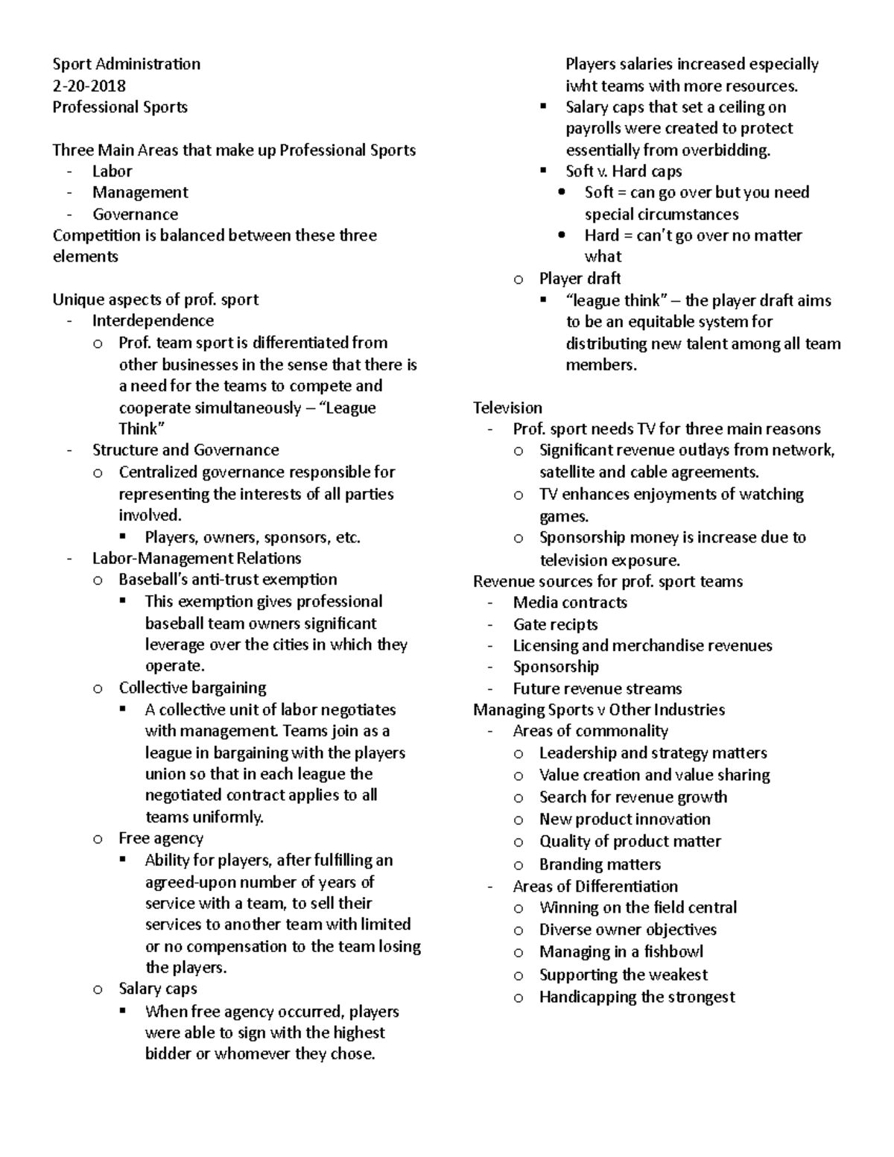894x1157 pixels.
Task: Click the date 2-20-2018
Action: pos(89,86)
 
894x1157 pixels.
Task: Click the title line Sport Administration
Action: pos(126,64)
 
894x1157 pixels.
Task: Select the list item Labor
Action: pos(112,171)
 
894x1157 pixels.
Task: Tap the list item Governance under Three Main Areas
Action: pos(135,215)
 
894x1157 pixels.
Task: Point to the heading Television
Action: pos(507,408)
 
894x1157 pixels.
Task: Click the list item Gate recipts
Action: pos(555,624)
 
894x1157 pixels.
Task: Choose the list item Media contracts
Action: pos(570,602)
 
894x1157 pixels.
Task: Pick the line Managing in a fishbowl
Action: pos(621,951)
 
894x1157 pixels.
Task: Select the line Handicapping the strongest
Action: pos(637,997)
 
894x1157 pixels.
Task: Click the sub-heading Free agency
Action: pos(161,838)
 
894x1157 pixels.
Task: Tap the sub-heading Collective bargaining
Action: pos(192,688)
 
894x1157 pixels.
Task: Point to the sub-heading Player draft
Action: pos(580,279)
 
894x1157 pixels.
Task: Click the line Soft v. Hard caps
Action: pos(624,171)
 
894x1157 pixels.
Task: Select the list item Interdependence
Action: pos(153,320)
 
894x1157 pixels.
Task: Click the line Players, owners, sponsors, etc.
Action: pos(253,537)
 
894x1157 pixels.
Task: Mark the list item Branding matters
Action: pos(600,864)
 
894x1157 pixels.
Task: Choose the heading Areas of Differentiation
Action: pos(595,887)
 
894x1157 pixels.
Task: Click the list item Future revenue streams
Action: pos(597,688)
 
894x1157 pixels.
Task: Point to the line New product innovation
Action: pos(624,819)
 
